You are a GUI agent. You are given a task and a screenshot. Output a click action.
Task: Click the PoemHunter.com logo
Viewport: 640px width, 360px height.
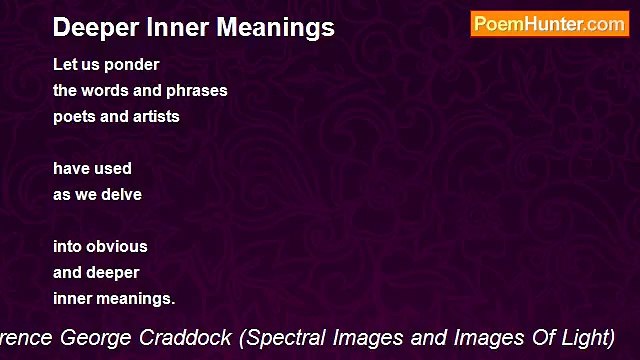click(x=549, y=24)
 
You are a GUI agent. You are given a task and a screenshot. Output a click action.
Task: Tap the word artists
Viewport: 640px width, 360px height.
click(x=157, y=116)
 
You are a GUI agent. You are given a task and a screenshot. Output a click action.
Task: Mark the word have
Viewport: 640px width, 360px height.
click(x=71, y=168)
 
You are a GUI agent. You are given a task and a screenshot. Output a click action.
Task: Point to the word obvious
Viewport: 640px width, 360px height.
click(x=117, y=246)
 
